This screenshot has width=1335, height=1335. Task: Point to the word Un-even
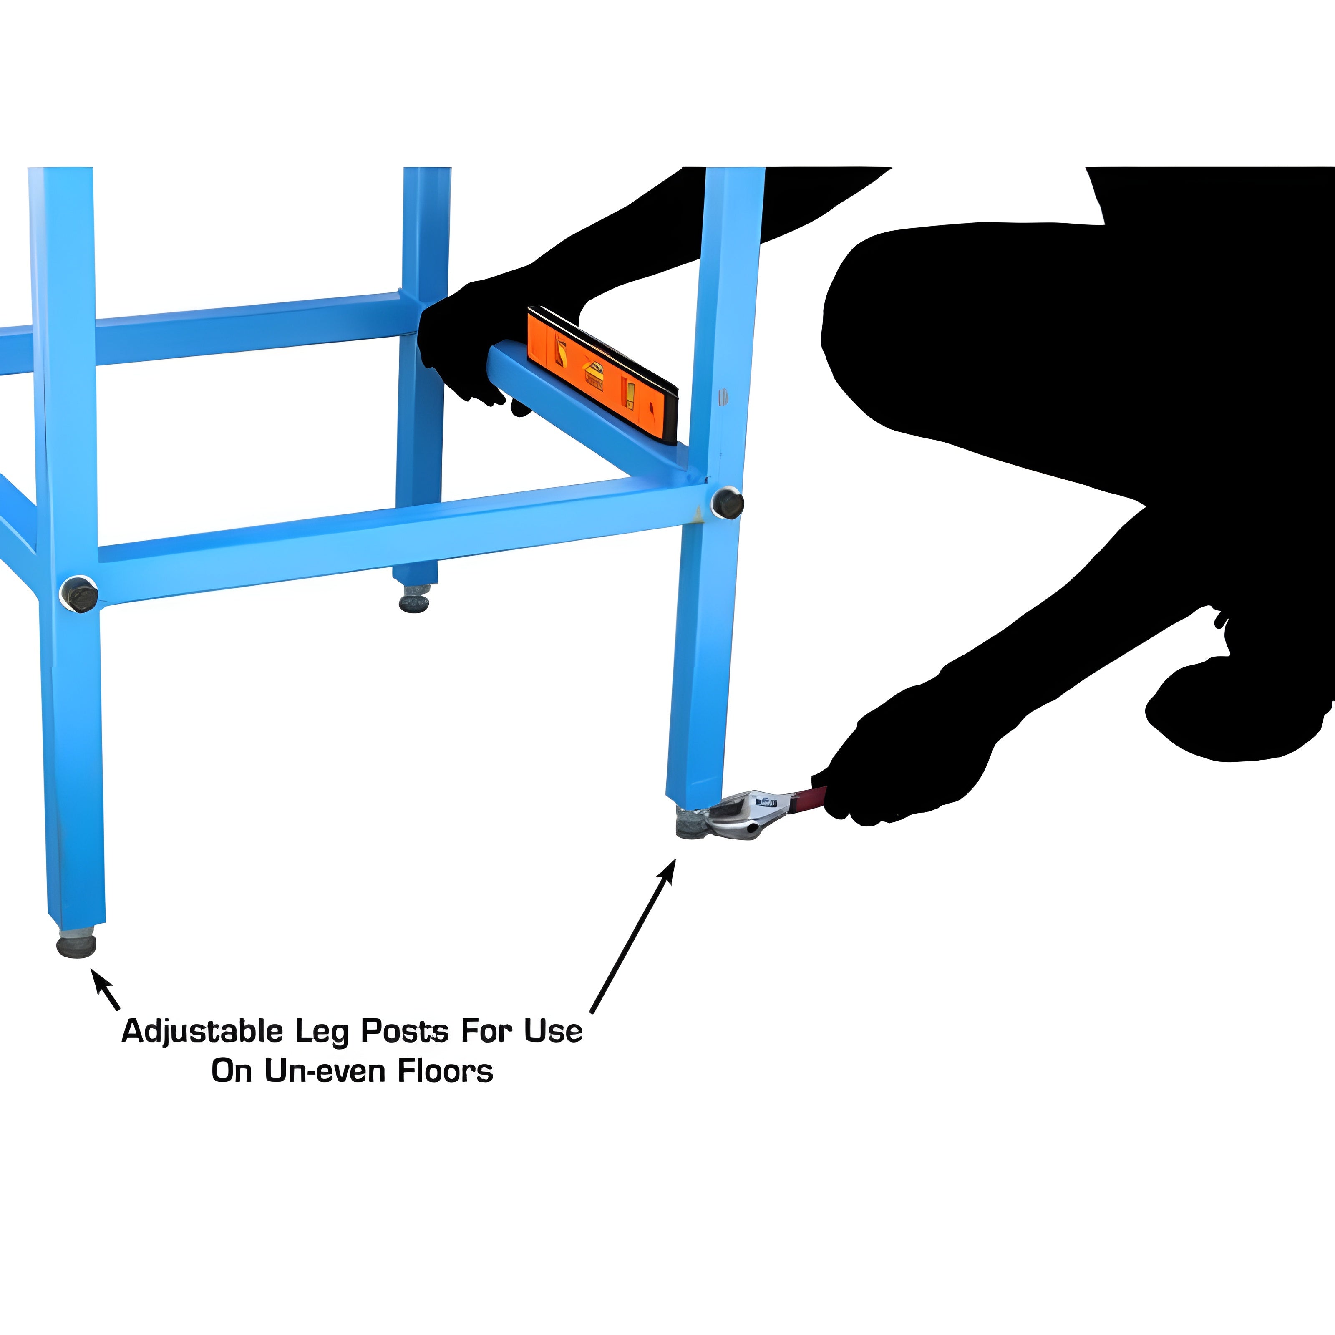point(325,1071)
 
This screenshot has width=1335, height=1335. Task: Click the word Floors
point(445,1071)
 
